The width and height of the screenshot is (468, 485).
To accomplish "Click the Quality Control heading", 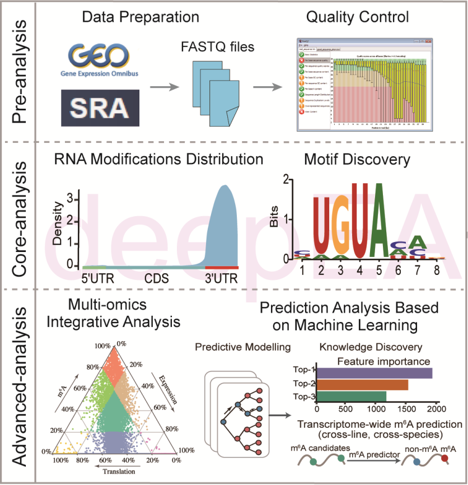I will pyautogui.click(x=357, y=17).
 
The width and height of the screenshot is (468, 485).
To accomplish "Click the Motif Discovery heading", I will pyautogui.click(x=357, y=160).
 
